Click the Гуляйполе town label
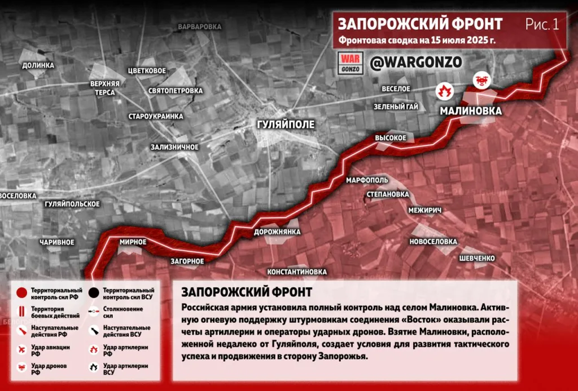pyautogui.click(x=285, y=124)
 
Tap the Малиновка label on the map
pyautogui.click(x=470, y=112)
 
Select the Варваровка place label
pyautogui.click(x=199, y=26)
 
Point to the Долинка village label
pyautogui.click(x=38, y=65)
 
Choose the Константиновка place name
pyautogui.click(x=297, y=272)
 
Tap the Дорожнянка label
pyautogui.click(x=277, y=232)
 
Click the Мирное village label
pyautogui.click(x=133, y=242)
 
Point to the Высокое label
pyautogui.click(x=391, y=137)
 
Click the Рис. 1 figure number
pyautogui.click(x=542, y=24)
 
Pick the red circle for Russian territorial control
pyautogui.click(x=21, y=293)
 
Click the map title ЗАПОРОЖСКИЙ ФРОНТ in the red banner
pyautogui.click(x=420, y=24)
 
